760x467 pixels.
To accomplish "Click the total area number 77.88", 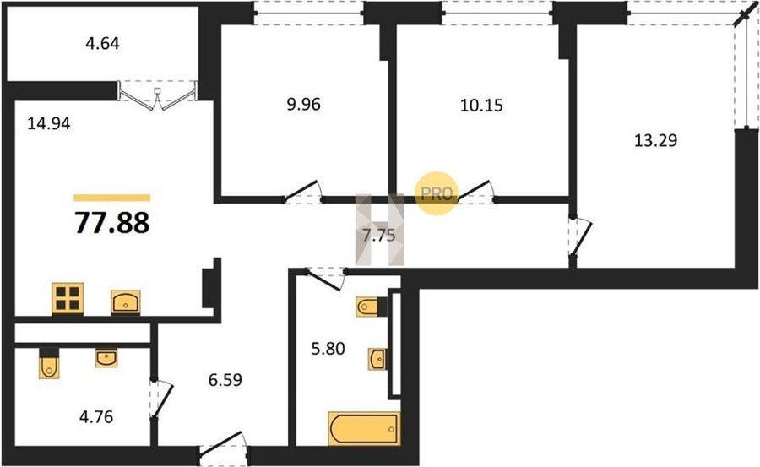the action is pos(112,224).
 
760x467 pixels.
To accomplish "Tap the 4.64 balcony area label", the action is pos(102,44).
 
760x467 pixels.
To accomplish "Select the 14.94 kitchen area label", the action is pos(48,123).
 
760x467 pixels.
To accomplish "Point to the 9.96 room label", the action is pos(303,104).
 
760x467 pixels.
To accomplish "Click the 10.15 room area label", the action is pos(481,106).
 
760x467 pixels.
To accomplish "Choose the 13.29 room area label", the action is pos(656,140).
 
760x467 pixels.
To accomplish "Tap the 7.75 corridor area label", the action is pos(379,236).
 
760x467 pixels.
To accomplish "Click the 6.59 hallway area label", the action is pos(225,380).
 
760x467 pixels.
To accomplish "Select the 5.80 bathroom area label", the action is pos(328,348).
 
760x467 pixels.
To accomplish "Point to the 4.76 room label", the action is pos(96,416).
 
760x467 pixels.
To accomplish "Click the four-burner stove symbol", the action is pos(68,298).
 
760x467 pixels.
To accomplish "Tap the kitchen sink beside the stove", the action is pos(126,302).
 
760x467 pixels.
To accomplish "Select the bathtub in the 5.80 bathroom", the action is pos(365,429).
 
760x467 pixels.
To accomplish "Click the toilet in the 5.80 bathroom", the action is pos(371,307).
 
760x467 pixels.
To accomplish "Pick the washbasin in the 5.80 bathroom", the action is pos(377,360).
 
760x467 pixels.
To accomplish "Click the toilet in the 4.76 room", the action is pos(49,363).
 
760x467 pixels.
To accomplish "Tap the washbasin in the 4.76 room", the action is pos(106,358).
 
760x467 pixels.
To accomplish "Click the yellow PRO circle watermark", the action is pos(437,193).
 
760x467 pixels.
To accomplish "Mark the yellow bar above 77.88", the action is pos(112,198).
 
